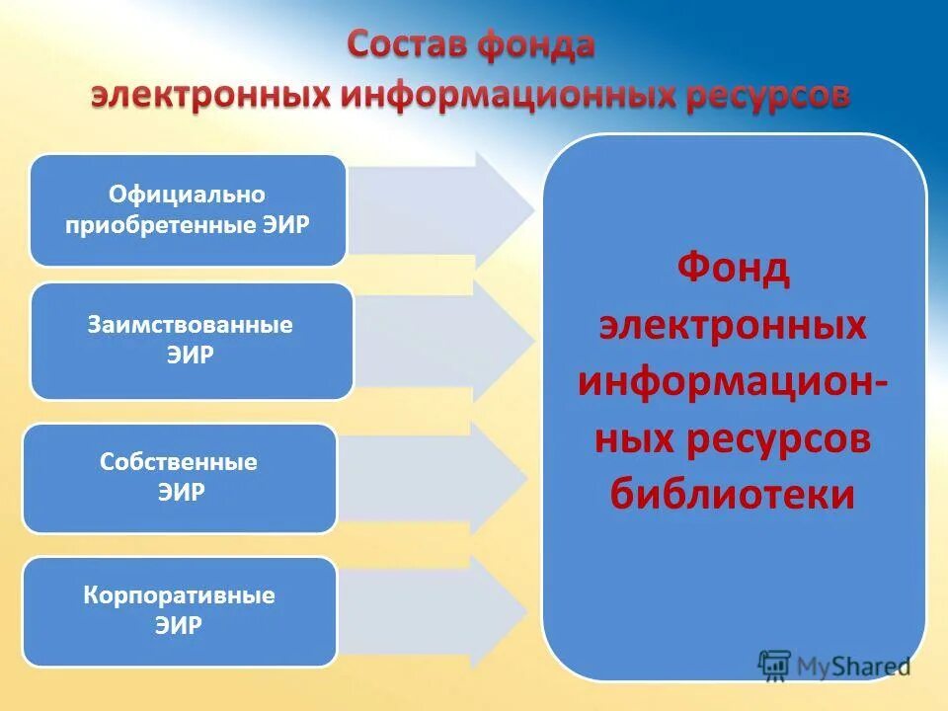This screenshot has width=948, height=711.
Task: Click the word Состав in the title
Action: tap(409, 47)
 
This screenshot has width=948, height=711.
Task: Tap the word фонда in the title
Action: tap(536, 47)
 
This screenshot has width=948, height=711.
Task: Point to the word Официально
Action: tap(187, 196)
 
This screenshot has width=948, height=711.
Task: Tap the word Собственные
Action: tap(179, 462)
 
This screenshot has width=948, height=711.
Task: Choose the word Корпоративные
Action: tap(179, 596)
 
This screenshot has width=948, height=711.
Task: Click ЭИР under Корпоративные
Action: tap(179, 626)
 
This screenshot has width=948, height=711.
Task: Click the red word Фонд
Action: tap(733, 270)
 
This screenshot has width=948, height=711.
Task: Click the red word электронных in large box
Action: tap(733, 325)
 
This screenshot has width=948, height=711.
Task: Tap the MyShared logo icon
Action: tap(775, 665)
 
